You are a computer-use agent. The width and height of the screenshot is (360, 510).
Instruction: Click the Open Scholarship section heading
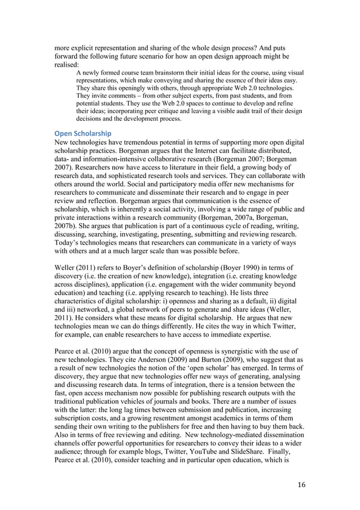coord(78,133)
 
